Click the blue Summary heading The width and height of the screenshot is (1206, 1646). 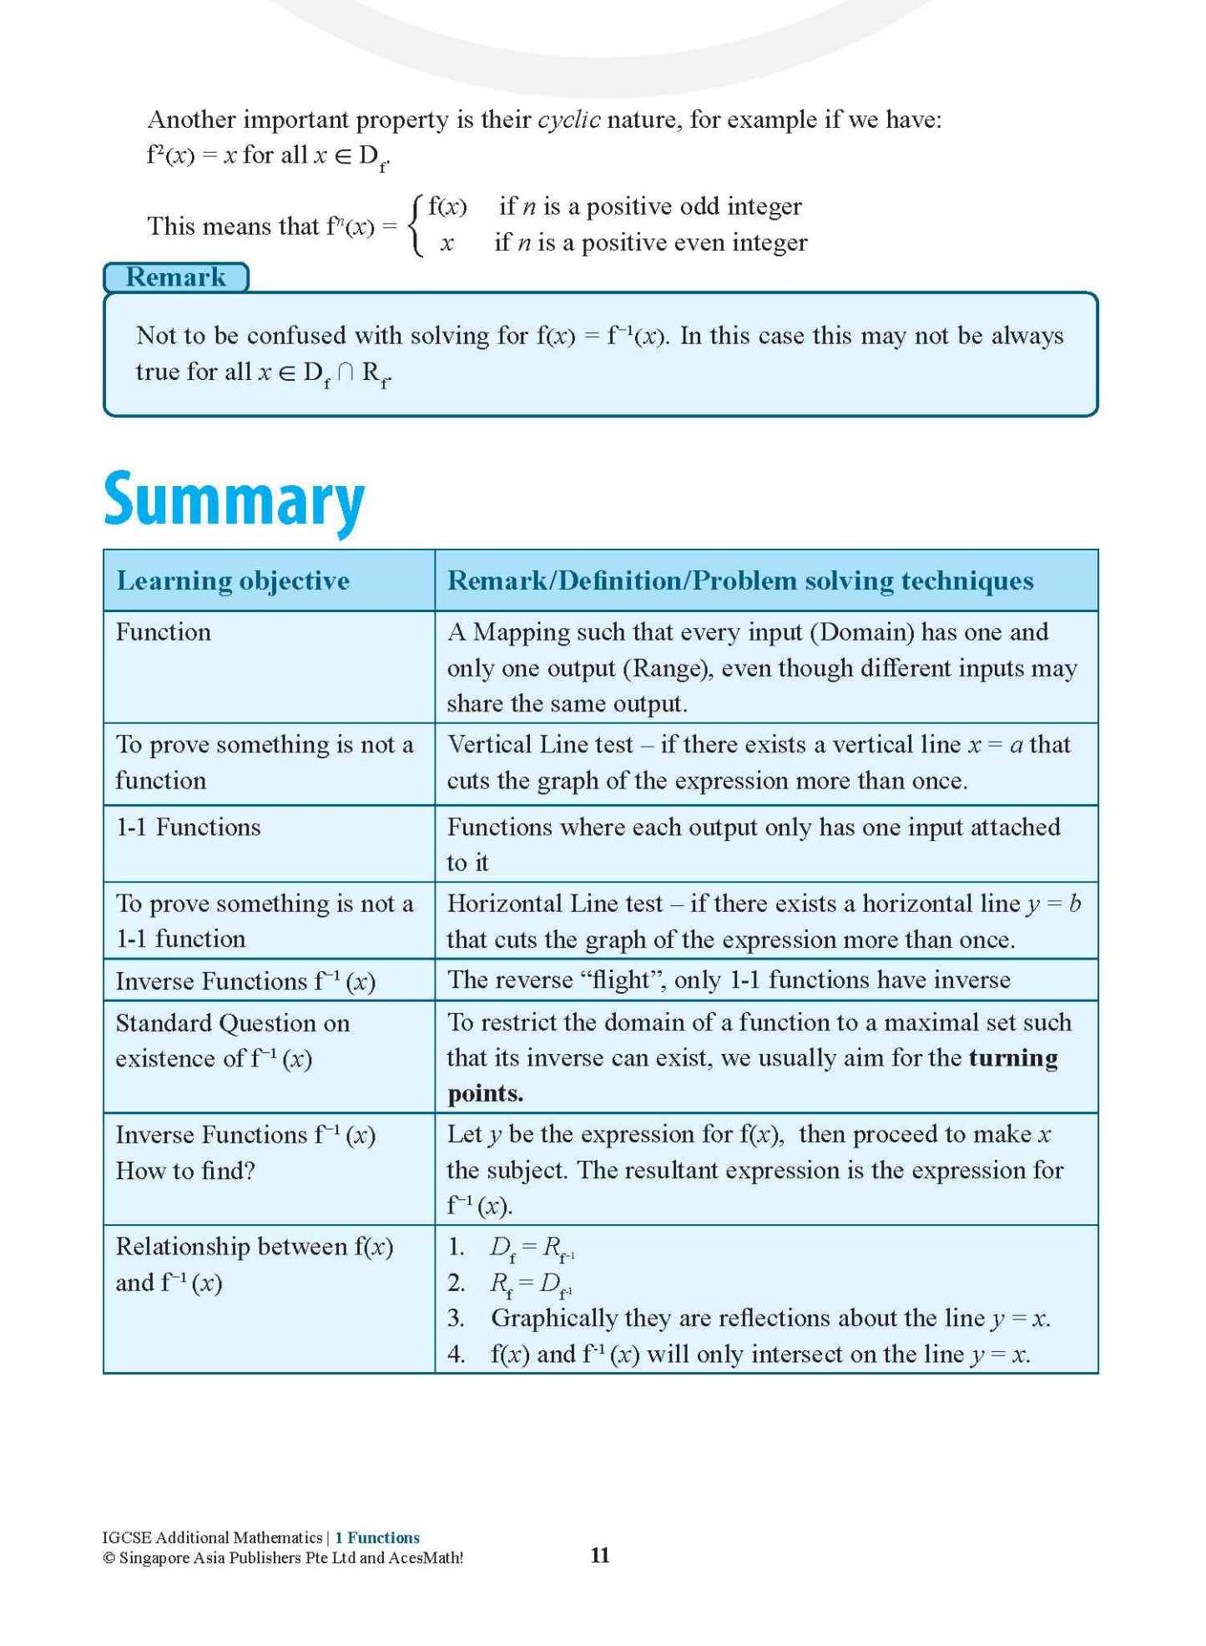[234, 499]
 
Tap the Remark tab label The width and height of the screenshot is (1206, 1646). [175, 277]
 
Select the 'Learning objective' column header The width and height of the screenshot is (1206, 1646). [233, 580]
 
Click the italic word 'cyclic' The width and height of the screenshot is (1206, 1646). [569, 120]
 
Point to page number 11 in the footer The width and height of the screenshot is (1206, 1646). [600, 1554]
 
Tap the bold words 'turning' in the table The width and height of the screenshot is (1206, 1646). [1013, 1058]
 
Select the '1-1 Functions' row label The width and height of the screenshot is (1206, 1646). [188, 827]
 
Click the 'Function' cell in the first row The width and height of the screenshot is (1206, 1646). [163, 632]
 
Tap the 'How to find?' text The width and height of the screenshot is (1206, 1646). [184, 1171]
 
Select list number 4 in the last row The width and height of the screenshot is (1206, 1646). [456, 1354]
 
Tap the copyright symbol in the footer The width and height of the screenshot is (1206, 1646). [108, 1557]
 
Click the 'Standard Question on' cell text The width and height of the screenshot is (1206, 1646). [232, 1023]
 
